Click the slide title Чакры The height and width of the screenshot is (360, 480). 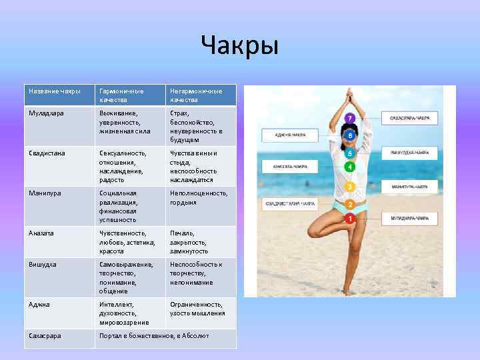click(x=239, y=47)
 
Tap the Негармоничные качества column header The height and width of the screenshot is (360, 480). click(x=196, y=95)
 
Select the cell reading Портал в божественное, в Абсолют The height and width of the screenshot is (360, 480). click(x=154, y=335)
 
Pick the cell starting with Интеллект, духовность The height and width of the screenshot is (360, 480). click(x=121, y=313)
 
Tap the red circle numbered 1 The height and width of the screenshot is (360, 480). click(x=349, y=218)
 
